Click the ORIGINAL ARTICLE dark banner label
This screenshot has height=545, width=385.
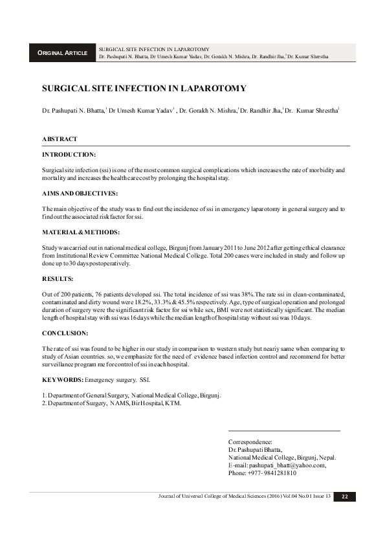click(62, 52)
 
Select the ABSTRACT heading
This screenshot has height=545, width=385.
click(60, 139)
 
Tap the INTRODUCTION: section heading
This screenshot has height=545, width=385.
click(69, 155)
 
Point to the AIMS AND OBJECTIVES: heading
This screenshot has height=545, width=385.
click(80, 194)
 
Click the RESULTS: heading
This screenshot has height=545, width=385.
click(58, 278)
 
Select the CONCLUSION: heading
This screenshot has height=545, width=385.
click(65, 333)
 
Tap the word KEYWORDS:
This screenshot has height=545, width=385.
click(62, 379)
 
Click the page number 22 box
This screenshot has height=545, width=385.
click(345, 496)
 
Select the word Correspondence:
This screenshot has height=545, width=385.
click(250, 441)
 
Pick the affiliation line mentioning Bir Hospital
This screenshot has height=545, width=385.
click(112, 403)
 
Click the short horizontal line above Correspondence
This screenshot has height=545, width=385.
click(284, 430)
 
